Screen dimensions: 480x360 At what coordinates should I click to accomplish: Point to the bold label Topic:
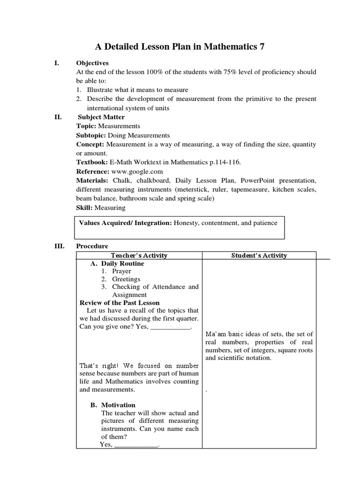coord(86,126)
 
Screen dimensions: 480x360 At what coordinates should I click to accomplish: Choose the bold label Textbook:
coord(92,162)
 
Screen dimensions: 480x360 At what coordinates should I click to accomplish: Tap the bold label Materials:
coord(92,180)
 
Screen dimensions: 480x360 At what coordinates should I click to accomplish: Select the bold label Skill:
coord(85,207)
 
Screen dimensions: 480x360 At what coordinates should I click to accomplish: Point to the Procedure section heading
coord(92,246)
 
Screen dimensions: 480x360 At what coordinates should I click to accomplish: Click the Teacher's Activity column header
coord(139,255)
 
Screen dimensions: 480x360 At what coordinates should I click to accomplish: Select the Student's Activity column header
coord(259,255)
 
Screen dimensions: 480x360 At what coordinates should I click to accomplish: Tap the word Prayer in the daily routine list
coord(121,271)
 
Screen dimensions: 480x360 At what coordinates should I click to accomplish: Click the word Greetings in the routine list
coord(126,279)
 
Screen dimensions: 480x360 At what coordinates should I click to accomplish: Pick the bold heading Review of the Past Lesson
coord(120,303)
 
